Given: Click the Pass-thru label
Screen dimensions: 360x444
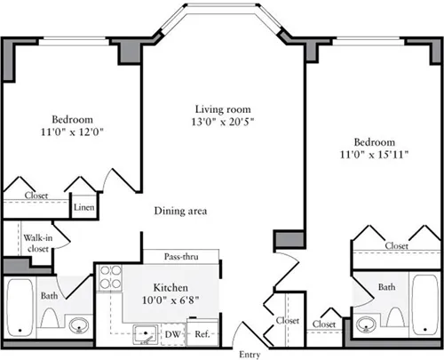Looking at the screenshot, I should pos(180,258).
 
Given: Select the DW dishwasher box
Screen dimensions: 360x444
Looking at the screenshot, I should pos(173,334).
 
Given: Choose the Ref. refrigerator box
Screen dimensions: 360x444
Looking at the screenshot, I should pos(202,334).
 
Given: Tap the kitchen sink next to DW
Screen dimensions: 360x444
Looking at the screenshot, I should pos(142,334).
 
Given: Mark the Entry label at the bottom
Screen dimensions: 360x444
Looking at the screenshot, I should pos(250,353).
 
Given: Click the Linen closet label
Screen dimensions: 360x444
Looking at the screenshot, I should pos(83,208).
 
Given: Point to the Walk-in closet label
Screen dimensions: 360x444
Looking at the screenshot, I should pos(36,244).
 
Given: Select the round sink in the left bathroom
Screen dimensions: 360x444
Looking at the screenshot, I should pos(78,324).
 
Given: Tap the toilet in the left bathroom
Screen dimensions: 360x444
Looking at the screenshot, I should pos(50,320).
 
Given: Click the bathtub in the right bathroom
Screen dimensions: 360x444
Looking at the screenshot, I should pos(424,304).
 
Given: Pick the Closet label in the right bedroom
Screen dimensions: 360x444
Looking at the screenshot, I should pos(396,245).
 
